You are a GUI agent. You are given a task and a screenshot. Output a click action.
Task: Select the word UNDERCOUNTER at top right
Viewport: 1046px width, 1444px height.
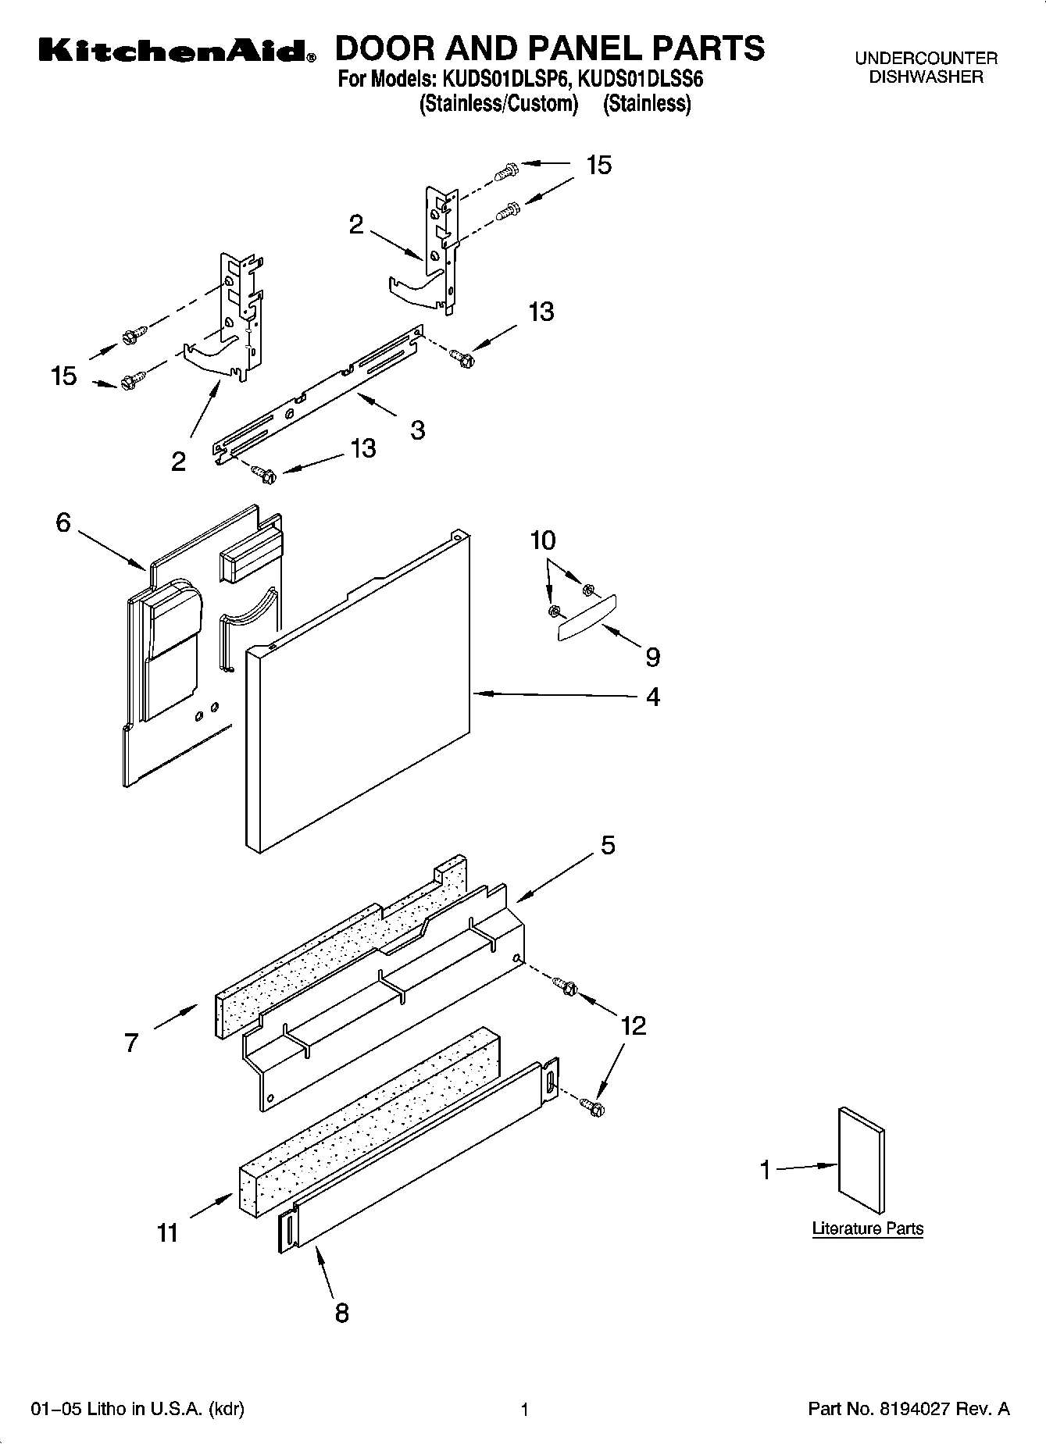[x=926, y=58]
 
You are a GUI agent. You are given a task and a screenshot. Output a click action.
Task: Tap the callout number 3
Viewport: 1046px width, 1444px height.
[x=418, y=430]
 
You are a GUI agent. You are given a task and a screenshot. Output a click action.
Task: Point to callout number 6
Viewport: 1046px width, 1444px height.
[x=63, y=522]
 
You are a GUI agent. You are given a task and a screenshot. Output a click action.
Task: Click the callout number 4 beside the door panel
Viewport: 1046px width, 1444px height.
[x=653, y=696]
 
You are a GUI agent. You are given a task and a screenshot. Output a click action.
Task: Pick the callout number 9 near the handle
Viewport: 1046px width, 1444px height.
[x=652, y=658]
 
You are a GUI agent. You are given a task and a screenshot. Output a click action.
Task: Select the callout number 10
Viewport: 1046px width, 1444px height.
[x=543, y=540]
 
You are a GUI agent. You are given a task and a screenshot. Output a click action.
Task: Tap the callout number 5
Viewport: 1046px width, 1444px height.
[x=607, y=845]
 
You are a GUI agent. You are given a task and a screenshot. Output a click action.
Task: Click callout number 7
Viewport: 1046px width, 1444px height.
[x=131, y=1043]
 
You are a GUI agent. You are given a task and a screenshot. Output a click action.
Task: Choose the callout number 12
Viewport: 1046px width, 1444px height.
[x=633, y=1025]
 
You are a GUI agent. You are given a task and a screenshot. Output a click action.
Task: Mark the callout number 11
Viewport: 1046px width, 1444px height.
[x=168, y=1232]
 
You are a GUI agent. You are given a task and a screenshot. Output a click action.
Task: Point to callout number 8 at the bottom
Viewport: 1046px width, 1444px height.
[x=341, y=1313]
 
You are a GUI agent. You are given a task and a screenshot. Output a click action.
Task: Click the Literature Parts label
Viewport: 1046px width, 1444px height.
[x=867, y=1228]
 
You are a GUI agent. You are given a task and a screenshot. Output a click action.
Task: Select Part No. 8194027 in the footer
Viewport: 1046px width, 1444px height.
[x=909, y=1409]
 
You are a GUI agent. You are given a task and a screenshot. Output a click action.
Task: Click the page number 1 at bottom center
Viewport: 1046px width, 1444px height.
[x=525, y=1410]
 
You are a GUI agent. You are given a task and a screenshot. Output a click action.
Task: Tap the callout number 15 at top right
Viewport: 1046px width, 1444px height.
[x=599, y=165]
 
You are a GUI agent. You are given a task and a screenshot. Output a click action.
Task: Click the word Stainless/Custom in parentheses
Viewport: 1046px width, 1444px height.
[x=498, y=103]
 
